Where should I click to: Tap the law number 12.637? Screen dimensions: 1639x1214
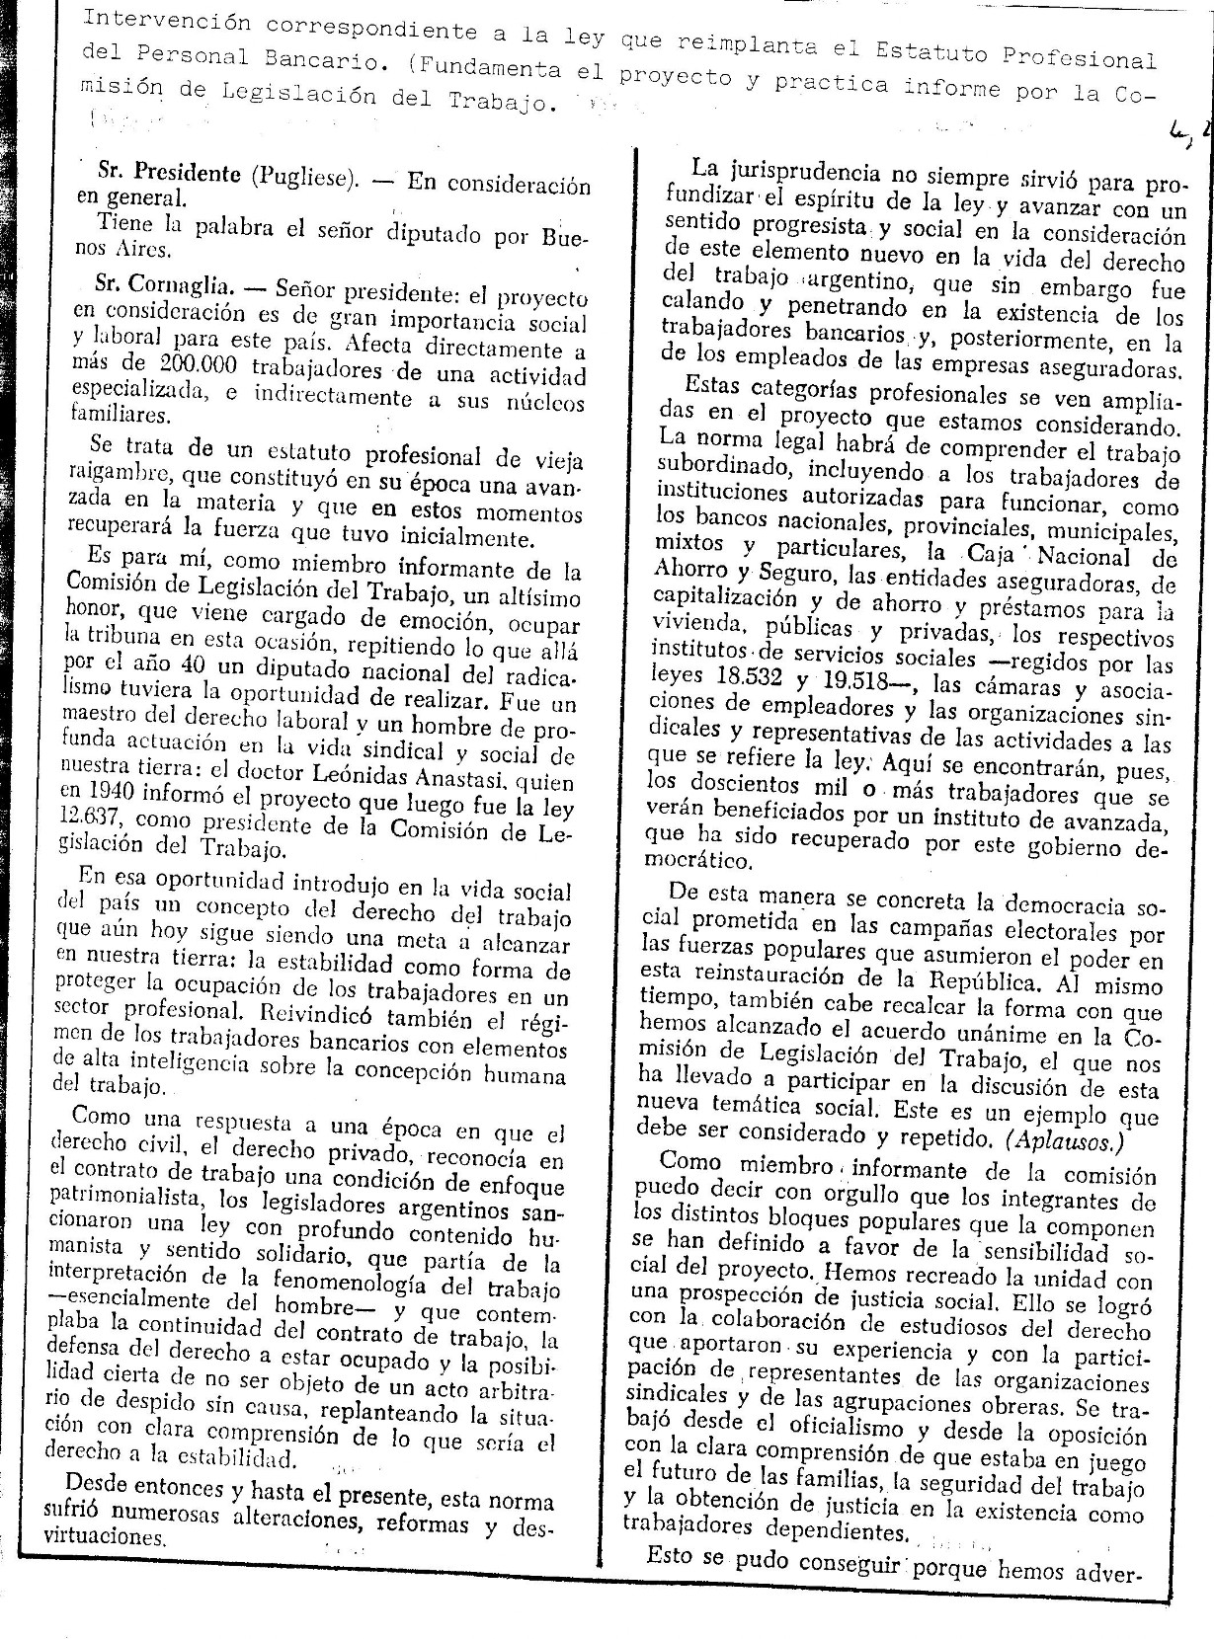click(104, 819)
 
